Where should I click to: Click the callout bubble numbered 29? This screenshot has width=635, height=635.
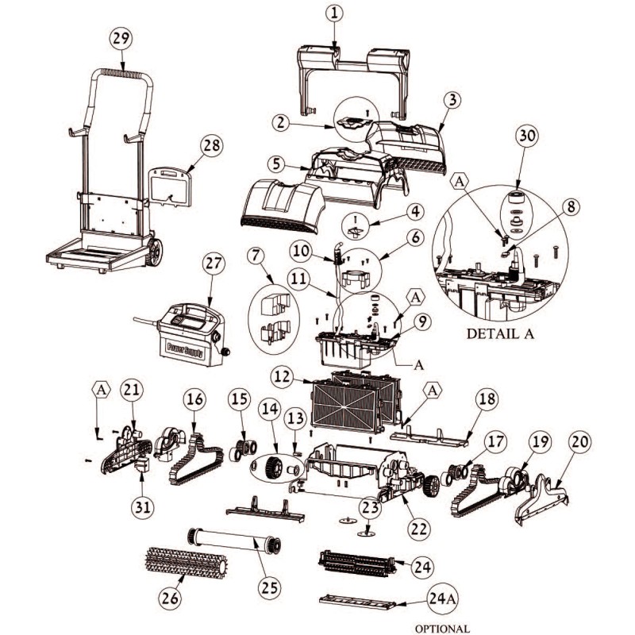click(121, 39)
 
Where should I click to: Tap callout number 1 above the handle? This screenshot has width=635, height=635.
click(335, 13)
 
